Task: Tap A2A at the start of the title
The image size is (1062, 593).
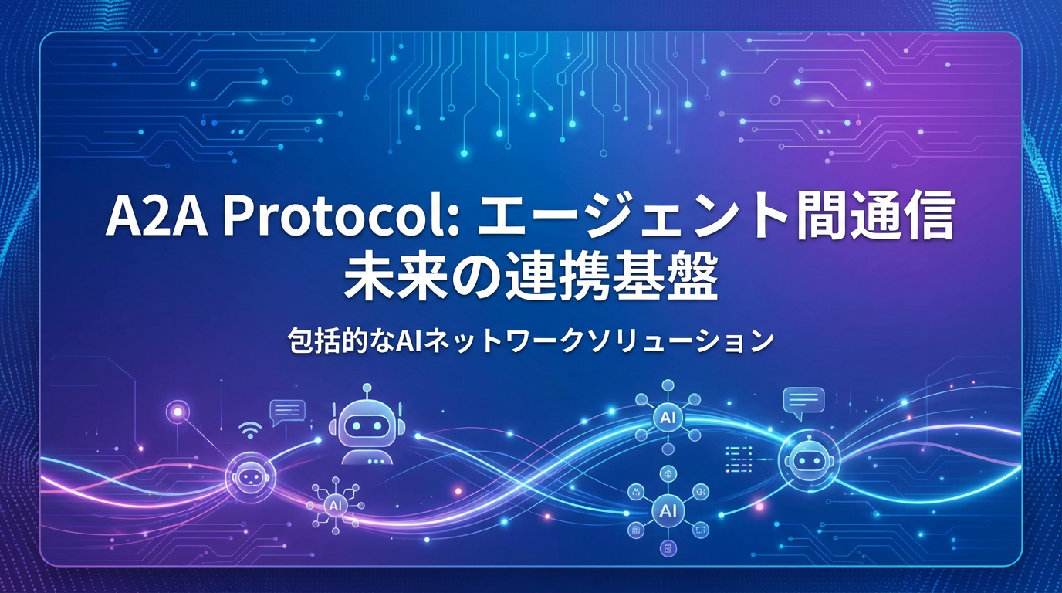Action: pos(154,219)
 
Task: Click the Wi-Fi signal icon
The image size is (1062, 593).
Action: pos(249,429)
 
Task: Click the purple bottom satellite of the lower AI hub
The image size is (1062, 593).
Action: pos(667,549)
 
